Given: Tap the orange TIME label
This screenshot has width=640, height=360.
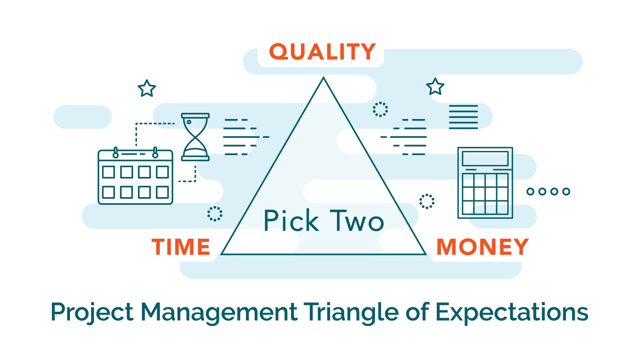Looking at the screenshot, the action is pyautogui.click(x=181, y=247).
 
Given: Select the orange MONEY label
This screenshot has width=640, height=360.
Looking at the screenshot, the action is pyautogui.click(x=483, y=247).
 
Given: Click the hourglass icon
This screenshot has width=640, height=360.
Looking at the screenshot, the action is pyautogui.click(x=195, y=137).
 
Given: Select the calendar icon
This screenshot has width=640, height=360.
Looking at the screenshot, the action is pyautogui.click(x=135, y=176).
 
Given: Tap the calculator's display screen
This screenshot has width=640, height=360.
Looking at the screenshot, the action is pyautogui.click(x=485, y=158).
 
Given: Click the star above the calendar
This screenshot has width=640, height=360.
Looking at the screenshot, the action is pyautogui.click(x=147, y=88).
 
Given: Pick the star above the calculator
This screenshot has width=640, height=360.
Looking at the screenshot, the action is pyautogui.click(x=435, y=86).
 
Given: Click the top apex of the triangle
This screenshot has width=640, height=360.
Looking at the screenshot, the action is pyautogui.click(x=324, y=77).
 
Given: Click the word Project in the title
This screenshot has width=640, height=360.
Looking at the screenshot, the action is pyautogui.click(x=92, y=312).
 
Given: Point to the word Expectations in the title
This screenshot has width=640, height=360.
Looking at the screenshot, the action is pyautogui.click(x=512, y=312).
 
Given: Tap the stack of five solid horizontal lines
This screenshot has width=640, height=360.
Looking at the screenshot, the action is pyautogui.click(x=463, y=117).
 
